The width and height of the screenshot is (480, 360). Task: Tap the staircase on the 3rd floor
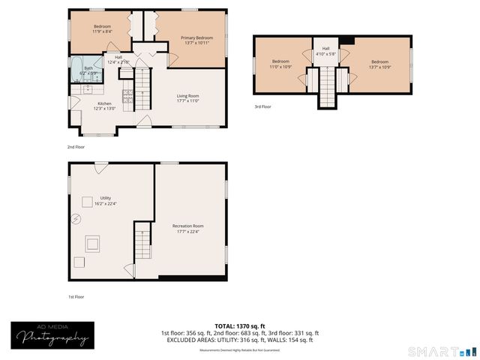click(x=327, y=85)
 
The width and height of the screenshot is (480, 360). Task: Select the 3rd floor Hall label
click(x=325, y=51)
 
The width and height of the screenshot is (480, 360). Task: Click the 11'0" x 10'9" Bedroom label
click(x=280, y=64)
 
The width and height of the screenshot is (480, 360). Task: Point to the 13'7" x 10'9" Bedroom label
click(x=380, y=64)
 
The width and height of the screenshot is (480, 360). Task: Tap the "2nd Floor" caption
click(x=76, y=147)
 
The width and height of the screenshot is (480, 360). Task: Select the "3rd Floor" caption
click(x=262, y=106)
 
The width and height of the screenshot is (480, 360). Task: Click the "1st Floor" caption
click(x=76, y=296)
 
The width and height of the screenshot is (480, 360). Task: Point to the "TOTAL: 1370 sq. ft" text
click(x=239, y=325)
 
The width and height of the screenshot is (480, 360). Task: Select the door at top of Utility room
click(x=100, y=168)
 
